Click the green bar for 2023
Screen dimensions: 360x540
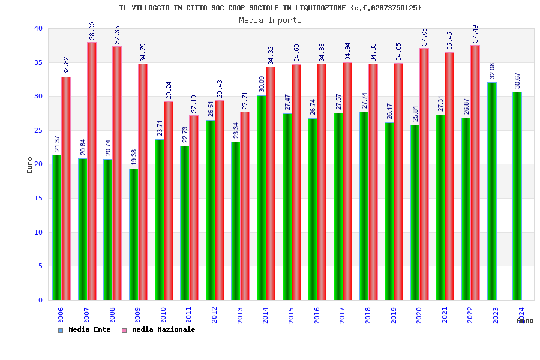(492, 191)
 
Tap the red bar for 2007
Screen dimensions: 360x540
(92, 171)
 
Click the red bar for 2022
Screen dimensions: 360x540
(475, 172)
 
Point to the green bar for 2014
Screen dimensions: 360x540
(262, 197)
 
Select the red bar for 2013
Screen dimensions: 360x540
(245, 206)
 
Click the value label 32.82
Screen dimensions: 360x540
(66, 65)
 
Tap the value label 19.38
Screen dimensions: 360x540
(134, 157)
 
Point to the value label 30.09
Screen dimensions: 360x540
(262, 84)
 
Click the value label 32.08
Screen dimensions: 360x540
(492, 71)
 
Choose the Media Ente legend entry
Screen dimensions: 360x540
(85, 330)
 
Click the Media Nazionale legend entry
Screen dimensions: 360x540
(158, 330)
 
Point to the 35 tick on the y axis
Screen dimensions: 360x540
(38, 62)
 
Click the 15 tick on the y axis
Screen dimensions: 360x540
(38, 198)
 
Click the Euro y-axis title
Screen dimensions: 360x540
(30, 165)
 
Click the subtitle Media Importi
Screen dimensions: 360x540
(270, 20)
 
